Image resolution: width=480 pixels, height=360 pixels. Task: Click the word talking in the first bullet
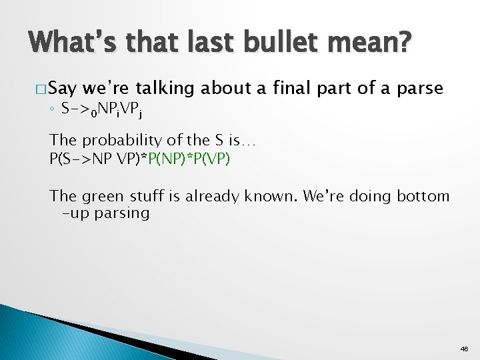[x=163, y=88]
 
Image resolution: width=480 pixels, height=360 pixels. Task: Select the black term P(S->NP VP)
[x=93, y=159]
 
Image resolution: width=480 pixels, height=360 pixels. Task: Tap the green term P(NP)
[x=161, y=159]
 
